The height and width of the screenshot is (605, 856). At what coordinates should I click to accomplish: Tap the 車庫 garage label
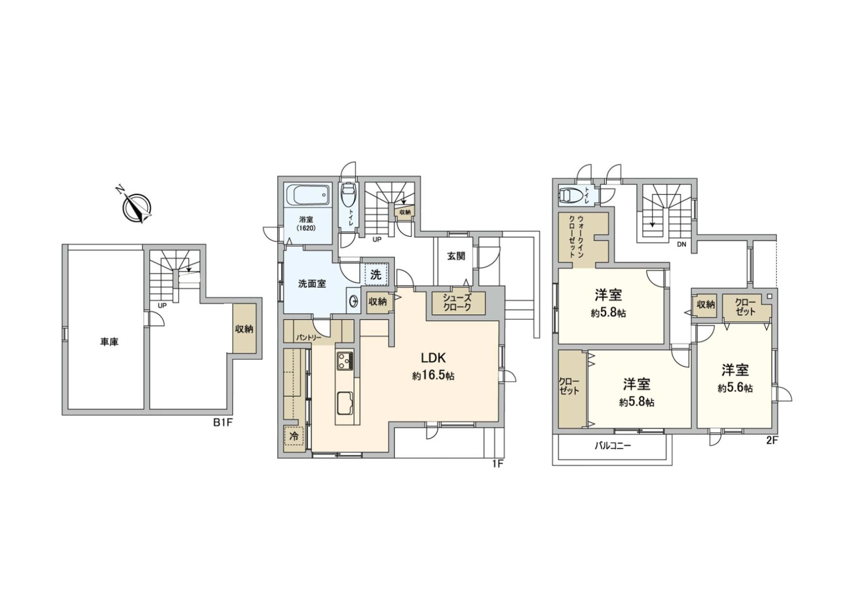109,342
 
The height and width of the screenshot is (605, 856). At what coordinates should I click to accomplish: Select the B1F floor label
222,423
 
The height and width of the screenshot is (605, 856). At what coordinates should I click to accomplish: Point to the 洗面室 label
312,284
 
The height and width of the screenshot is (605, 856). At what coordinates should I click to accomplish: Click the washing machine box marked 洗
376,275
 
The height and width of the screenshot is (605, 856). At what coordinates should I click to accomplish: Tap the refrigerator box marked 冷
294,436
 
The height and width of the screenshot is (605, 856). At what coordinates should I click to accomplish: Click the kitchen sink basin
345,403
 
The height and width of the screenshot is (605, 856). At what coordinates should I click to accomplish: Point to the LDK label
433,358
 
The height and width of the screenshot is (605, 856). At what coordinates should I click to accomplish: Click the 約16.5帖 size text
433,376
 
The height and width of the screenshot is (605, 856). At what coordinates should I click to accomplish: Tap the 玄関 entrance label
456,256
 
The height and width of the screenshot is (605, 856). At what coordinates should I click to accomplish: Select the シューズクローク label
457,303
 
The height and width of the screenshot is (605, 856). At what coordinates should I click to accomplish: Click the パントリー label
309,337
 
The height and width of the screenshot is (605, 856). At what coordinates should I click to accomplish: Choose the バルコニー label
613,445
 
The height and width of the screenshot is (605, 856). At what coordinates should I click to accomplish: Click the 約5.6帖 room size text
735,388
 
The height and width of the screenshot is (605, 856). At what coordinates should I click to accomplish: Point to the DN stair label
681,244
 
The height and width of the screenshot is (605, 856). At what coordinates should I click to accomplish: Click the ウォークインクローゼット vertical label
576,237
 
